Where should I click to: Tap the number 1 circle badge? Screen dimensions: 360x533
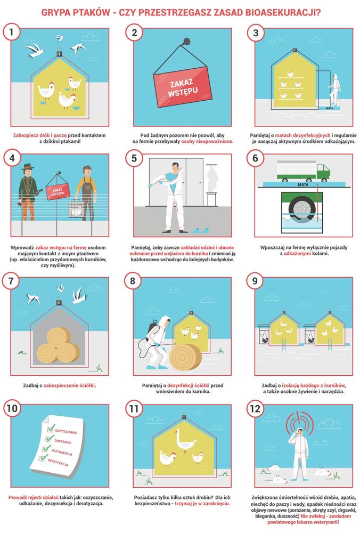click(12, 33)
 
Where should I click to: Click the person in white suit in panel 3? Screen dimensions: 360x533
click(334, 90)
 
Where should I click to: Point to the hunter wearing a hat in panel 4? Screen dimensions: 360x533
click(28, 192)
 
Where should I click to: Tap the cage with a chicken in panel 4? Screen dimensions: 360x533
click(76, 208)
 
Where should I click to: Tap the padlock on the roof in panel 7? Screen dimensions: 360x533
click(59, 301)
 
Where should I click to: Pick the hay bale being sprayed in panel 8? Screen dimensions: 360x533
click(185, 357)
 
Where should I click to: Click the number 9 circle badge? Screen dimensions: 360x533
click(255, 281)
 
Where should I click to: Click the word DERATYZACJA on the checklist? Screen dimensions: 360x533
click(58, 462)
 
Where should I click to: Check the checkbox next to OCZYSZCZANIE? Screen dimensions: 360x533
click(51, 427)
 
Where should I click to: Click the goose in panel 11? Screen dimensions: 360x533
click(185, 441)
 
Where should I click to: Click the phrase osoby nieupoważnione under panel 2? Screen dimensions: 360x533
click(207, 141)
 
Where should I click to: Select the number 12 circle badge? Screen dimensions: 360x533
click(255, 408)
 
